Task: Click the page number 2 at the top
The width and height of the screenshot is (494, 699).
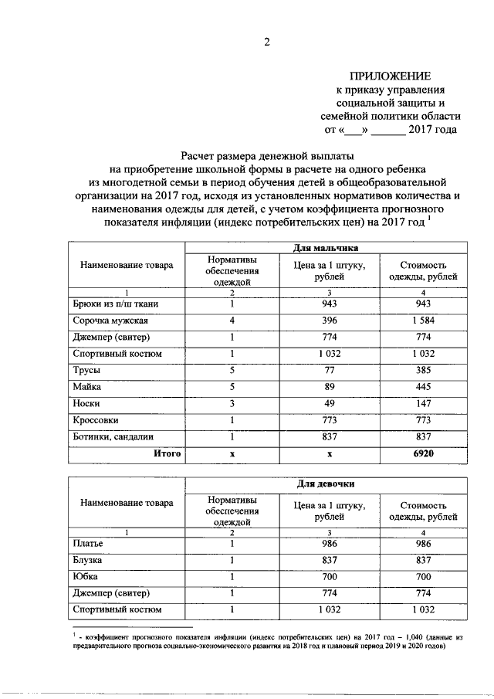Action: (x=267, y=42)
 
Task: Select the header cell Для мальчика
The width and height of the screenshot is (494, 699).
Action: (x=325, y=247)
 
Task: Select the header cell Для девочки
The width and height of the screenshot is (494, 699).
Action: (x=325, y=484)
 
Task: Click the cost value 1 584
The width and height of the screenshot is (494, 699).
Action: (x=423, y=320)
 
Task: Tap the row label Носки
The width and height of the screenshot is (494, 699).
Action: (x=87, y=404)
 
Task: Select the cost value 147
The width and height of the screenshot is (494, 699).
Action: (x=423, y=404)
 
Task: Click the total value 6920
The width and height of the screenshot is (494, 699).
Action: (x=423, y=454)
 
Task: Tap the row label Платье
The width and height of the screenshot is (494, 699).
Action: (x=89, y=544)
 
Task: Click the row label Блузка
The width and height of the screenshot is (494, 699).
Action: (x=89, y=560)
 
